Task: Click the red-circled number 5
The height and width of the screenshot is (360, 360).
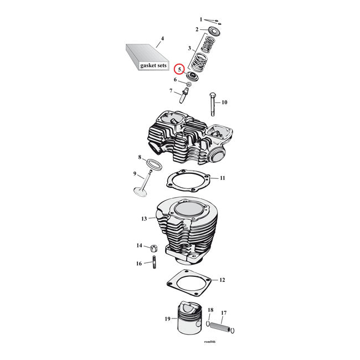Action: click(x=178, y=69)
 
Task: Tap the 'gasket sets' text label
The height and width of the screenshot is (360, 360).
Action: click(x=153, y=65)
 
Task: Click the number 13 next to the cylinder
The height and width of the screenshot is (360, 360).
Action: click(x=144, y=219)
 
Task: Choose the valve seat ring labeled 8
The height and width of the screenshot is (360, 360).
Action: click(x=154, y=164)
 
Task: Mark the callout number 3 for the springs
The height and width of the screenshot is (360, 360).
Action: click(x=189, y=49)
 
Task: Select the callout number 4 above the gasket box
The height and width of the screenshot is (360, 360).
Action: click(x=162, y=39)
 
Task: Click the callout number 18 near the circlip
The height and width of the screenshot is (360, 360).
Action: click(x=210, y=310)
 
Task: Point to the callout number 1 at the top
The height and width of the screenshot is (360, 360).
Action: click(x=201, y=19)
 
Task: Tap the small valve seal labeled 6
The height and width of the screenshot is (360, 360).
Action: click(x=188, y=84)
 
